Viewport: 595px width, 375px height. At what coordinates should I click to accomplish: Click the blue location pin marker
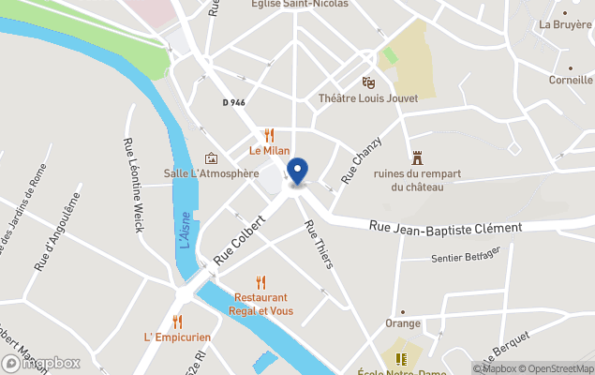[x=297, y=172]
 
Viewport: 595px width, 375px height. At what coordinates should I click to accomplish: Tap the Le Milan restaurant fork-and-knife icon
[x=270, y=135]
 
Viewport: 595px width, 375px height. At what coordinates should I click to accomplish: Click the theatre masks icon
[x=368, y=82]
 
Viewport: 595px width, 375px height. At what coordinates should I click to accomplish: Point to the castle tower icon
[x=416, y=157]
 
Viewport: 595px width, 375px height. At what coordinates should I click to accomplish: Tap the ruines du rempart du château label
[x=409, y=180]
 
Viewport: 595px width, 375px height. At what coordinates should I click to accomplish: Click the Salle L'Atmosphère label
[x=211, y=173]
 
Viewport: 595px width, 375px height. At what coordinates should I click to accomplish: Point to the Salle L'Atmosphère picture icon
[x=211, y=158]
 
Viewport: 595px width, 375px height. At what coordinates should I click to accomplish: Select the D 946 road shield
[x=233, y=102]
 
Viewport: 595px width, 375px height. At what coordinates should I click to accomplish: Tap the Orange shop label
[x=403, y=323]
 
